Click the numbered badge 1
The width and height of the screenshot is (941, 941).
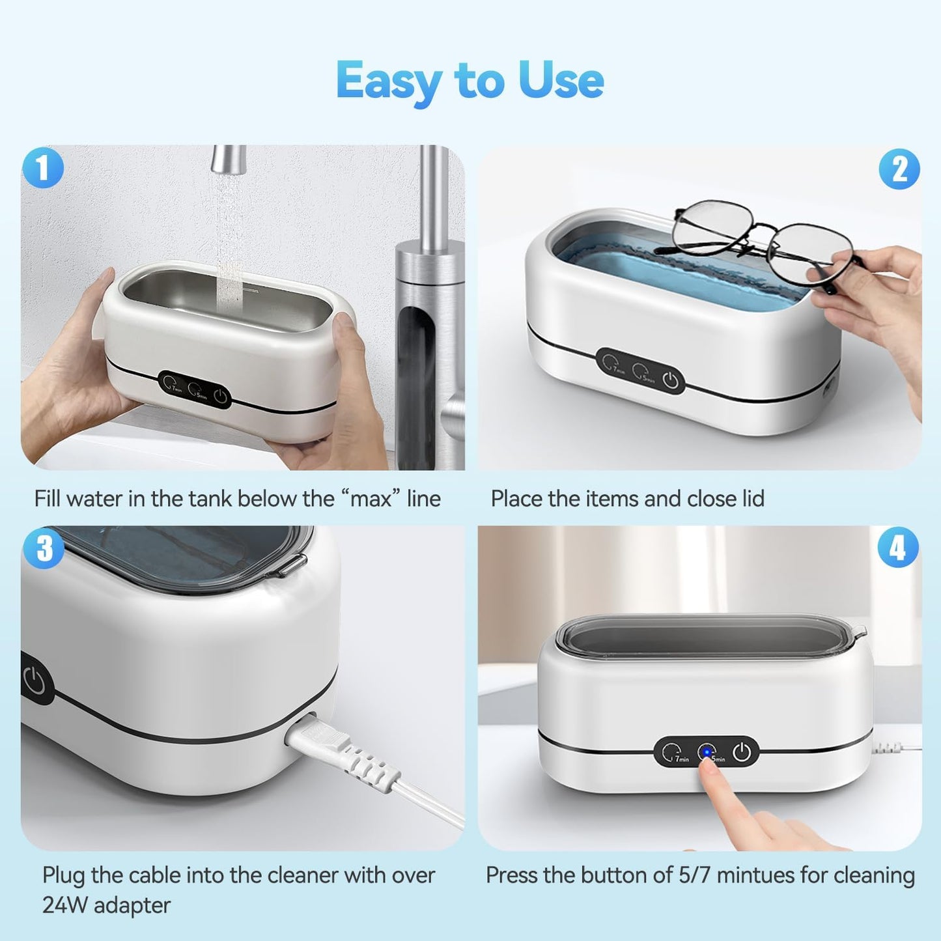(x=43, y=168)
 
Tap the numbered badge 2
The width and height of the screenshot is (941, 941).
(x=899, y=169)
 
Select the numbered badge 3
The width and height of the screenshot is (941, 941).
(x=44, y=548)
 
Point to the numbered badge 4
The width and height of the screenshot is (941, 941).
(x=898, y=548)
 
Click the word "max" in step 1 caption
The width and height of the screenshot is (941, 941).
(x=371, y=499)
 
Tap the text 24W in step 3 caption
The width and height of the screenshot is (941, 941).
(x=63, y=905)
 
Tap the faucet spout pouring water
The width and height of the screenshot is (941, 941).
(x=228, y=160)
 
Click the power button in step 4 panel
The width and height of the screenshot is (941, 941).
(x=742, y=753)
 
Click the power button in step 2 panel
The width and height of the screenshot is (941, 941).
(x=671, y=380)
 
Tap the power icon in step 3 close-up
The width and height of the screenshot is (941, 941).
(x=35, y=682)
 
